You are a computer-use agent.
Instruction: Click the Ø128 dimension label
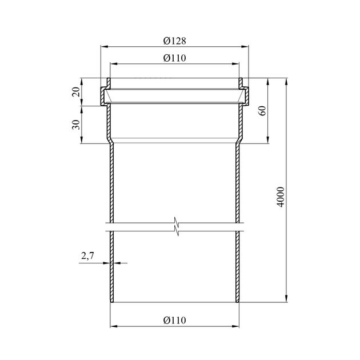coord(174,41)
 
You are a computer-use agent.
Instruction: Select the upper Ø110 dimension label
coord(174,58)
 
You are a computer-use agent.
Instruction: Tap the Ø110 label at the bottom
coord(174,320)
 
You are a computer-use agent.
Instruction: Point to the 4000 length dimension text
coord(281,197)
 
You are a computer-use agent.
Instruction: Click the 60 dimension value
coord(262,110)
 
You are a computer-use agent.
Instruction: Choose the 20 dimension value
coord(76,92)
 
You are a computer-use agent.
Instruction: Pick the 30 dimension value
coord(76,125)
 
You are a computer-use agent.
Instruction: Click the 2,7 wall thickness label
coord(87,256)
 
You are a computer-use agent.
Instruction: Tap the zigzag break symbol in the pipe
coord(177,226)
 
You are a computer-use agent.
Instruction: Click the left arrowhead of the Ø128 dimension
coord(105,47)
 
